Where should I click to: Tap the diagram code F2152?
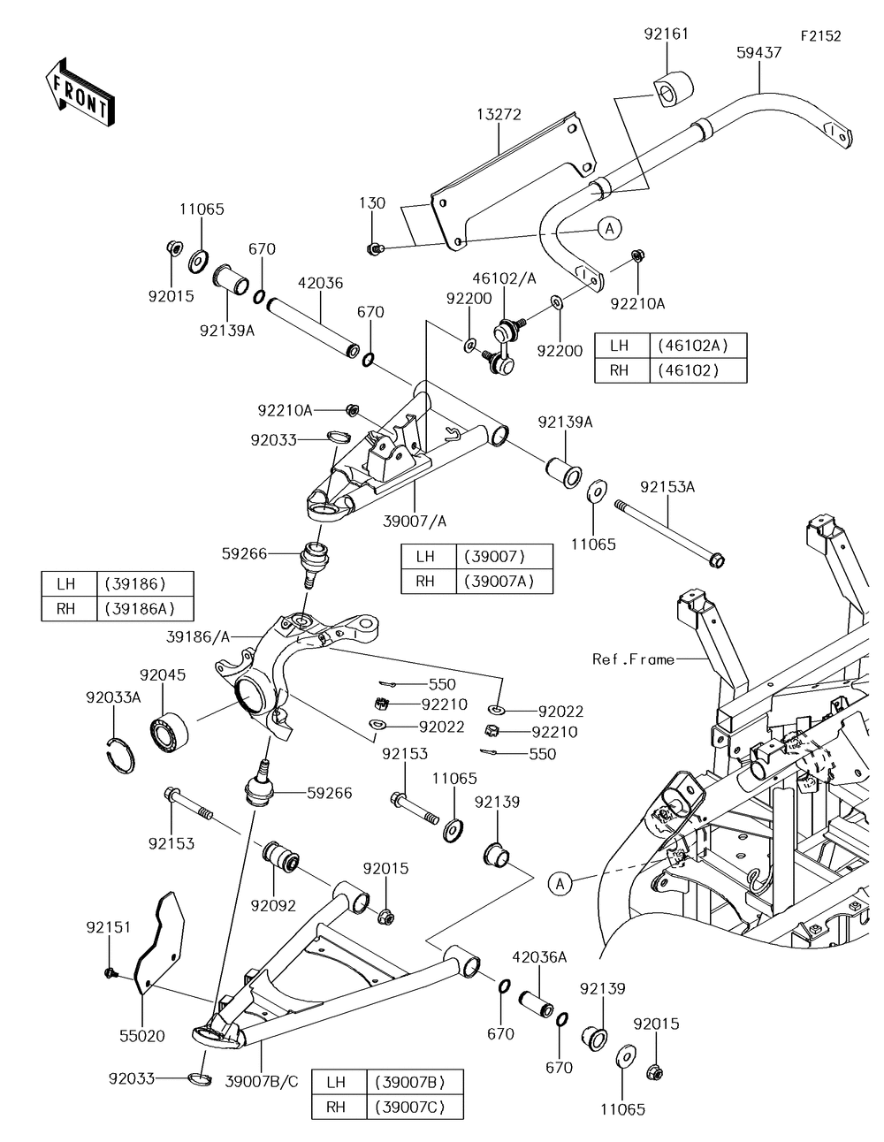pos(820,36)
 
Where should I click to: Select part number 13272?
pos(499,114)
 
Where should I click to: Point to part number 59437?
pos(758,52)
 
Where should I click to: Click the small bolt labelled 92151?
pos(110,972)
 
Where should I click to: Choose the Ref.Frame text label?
pos(633,659)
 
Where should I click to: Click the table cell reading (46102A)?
pos(697,346)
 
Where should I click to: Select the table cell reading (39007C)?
pos(409,1107)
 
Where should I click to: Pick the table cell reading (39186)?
pos(134,583)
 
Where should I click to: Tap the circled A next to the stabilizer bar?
pos(608,228)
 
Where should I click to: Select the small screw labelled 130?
pos(375,248)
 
